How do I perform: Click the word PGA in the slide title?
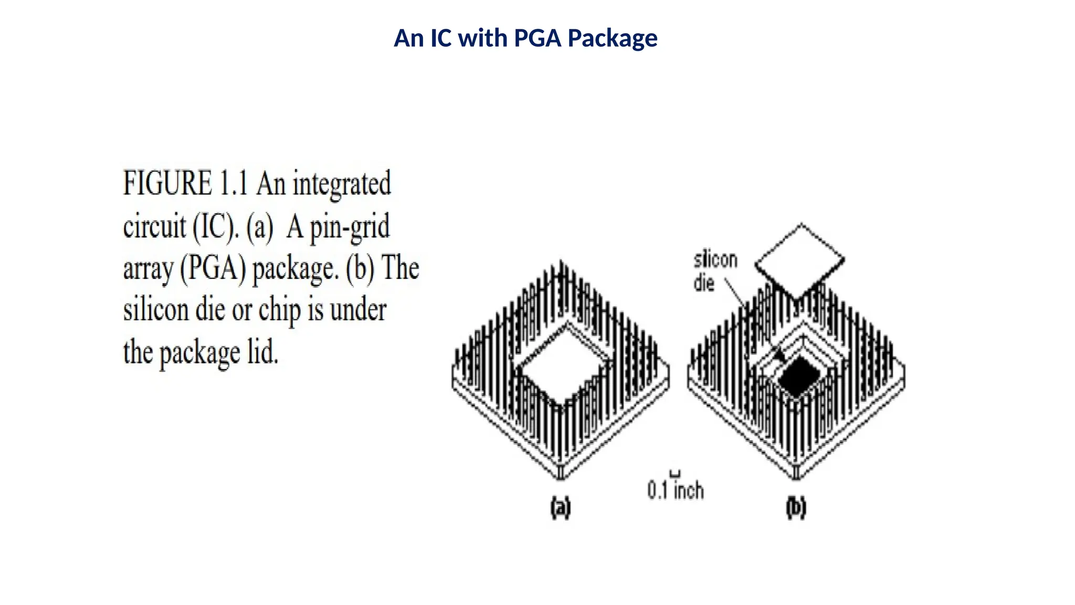click(538, 38)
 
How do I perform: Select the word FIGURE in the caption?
click(167, 183)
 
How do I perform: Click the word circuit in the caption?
click(154, 227)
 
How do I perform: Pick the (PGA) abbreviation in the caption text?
click(213, 269)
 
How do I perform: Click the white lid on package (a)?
click(564, 365)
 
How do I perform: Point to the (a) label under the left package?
click(560, 508)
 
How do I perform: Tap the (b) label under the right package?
click(796, 508)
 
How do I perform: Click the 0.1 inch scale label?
click(675, 491)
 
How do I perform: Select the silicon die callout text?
click(714, 271)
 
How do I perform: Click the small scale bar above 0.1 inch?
click(676, 474)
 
